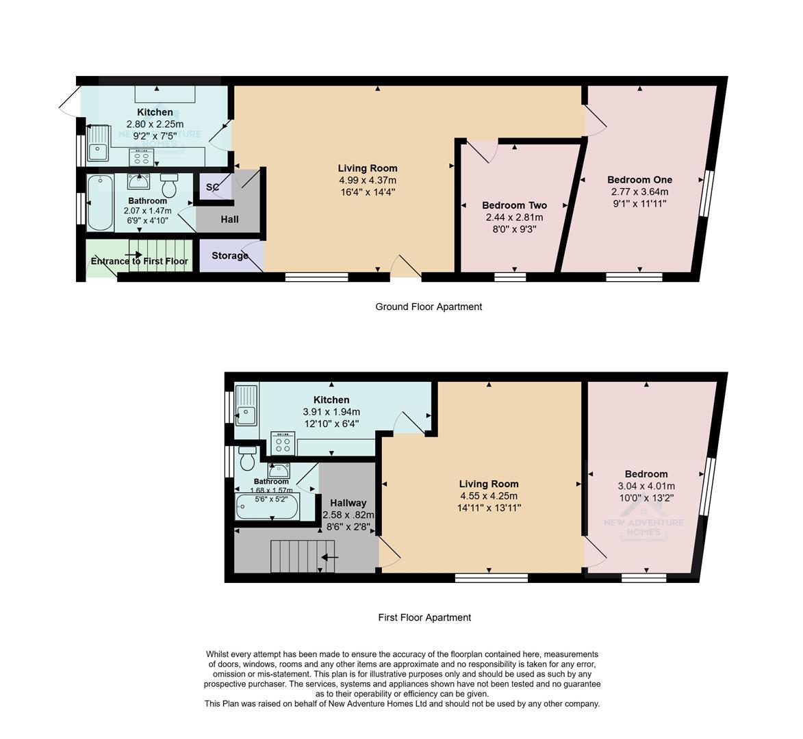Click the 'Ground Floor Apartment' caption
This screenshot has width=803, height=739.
[x=429, y=307]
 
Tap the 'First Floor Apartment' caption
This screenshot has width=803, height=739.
[x=424, y=617]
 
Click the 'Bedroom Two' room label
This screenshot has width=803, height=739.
[x=514, y=205]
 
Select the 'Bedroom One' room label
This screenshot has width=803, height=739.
[x=639, y=180]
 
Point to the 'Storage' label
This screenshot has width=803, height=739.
[x=229, y=256]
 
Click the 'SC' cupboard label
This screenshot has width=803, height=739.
[x=212, y=187]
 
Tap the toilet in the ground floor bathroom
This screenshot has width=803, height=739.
[x=169, y=185]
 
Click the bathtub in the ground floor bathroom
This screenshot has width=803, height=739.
[x=101, y=203]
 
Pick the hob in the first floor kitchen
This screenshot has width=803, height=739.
[x=282, y=444]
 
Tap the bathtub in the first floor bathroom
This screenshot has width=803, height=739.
[x=266, y=507]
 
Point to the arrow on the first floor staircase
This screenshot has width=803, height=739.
[x=330, y=557]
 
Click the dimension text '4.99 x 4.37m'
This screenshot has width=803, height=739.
[x=368, y=180]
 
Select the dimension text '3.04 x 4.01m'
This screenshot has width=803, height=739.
[x=646, y=486]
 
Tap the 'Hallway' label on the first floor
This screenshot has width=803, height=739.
[x=348, y=503]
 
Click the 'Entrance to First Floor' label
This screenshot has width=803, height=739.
[x=139, y=261]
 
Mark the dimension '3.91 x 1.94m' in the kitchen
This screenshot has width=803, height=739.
[x=331, y=412]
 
